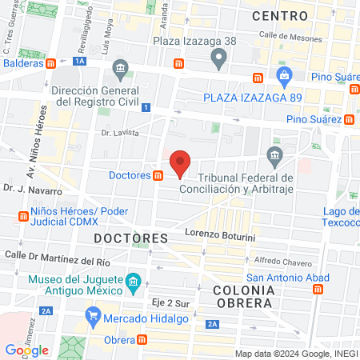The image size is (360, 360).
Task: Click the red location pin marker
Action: pyautogui.click(x=181, y=162)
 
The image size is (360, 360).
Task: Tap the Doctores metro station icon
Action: pyautogui.click(x=159, y=175)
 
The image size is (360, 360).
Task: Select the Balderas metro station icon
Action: pyautogui.click(x=50, y=63)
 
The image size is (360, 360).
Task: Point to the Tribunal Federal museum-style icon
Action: pyautogui.click(x=275, y=154)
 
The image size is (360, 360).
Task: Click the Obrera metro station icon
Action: pyautogui.click(x=142, y=339)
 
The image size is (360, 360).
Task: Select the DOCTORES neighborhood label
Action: pyautogui.click(x=130, y=238)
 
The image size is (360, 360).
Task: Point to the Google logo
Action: pyautogui.click(x=26, y=350)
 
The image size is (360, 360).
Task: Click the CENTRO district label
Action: pyautogui.click(x=279, y=16)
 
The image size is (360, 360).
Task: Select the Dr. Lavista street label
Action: pyautogui.click(x=120, y=133)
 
